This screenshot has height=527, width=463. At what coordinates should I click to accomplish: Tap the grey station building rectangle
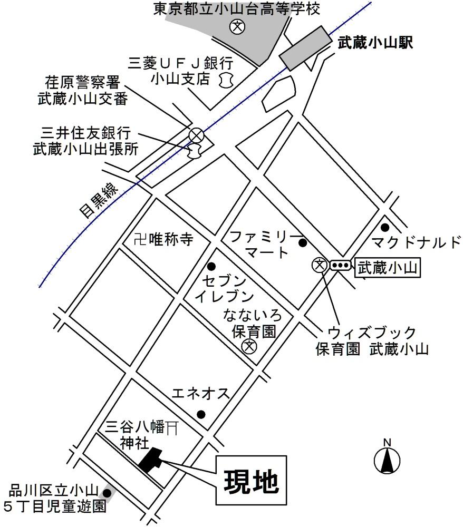pos(304,47)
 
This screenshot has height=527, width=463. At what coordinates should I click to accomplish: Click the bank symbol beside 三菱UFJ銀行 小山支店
pos(227,81)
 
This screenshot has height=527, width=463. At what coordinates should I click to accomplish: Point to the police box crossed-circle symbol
pos(196,135)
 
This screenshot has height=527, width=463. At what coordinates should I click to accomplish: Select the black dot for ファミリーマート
pos(303,243)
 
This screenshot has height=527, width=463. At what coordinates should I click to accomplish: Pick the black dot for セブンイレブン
pos(211,266)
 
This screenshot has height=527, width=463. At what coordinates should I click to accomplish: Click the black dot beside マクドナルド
pos(385,228)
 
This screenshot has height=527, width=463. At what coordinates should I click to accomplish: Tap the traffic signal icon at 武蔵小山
pos(340,265)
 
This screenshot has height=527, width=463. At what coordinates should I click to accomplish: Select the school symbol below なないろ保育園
pos(248,346)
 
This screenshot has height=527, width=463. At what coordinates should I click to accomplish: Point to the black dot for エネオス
pos(200,413)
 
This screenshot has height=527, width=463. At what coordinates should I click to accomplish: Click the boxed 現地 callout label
pos(251,480)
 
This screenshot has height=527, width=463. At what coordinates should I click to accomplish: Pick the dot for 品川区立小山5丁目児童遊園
pos(107,493)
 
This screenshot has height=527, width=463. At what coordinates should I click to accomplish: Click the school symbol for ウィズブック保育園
pos(319,265)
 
